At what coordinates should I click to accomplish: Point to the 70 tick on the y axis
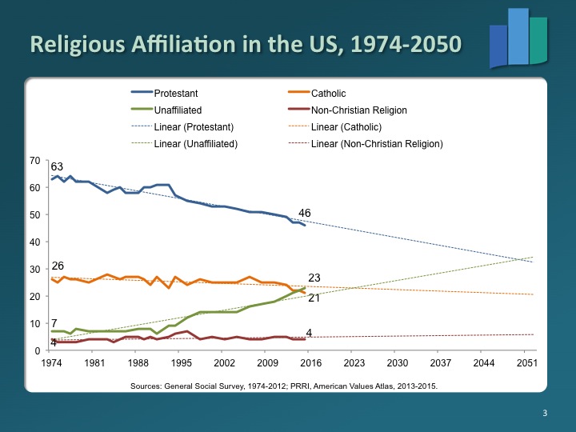tap(34, 160)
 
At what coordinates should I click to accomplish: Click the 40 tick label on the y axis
tap(34, 242)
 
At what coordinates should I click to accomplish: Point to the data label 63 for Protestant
tap(57, 166)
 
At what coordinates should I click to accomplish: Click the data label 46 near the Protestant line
tap(304, 213)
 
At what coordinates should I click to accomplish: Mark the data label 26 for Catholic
tap(57, 266)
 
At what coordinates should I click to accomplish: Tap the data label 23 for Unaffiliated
tap(314, 278)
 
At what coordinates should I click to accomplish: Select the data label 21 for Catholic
tap(314, 298)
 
